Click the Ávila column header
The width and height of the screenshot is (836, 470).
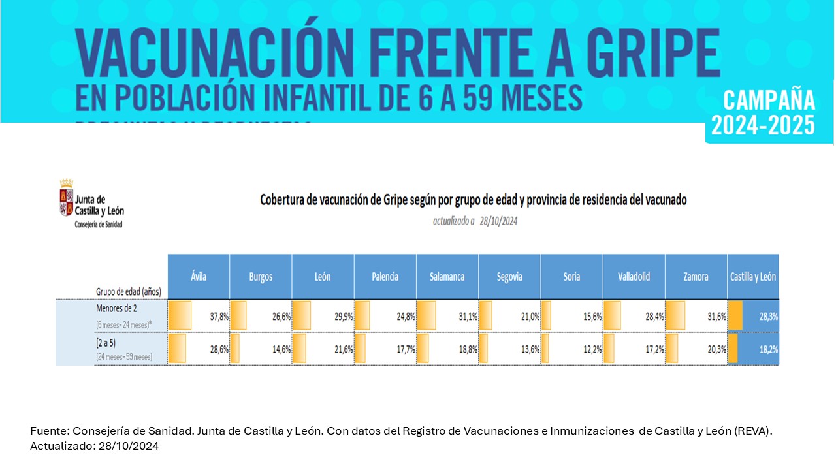point(199,277)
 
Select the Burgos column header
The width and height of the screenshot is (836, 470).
point(261,277)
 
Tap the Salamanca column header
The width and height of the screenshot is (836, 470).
point(447,277)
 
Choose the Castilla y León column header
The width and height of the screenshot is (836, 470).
point(753,277)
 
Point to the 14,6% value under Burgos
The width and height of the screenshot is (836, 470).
point(281,349)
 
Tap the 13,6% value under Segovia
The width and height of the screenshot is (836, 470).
point(530,349)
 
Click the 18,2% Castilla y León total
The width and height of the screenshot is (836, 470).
point(767,349)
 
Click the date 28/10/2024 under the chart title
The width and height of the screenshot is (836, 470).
point(498,221)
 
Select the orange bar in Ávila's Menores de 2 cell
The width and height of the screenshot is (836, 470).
point(180,315)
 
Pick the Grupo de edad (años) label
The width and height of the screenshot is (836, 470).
point(129,291)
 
